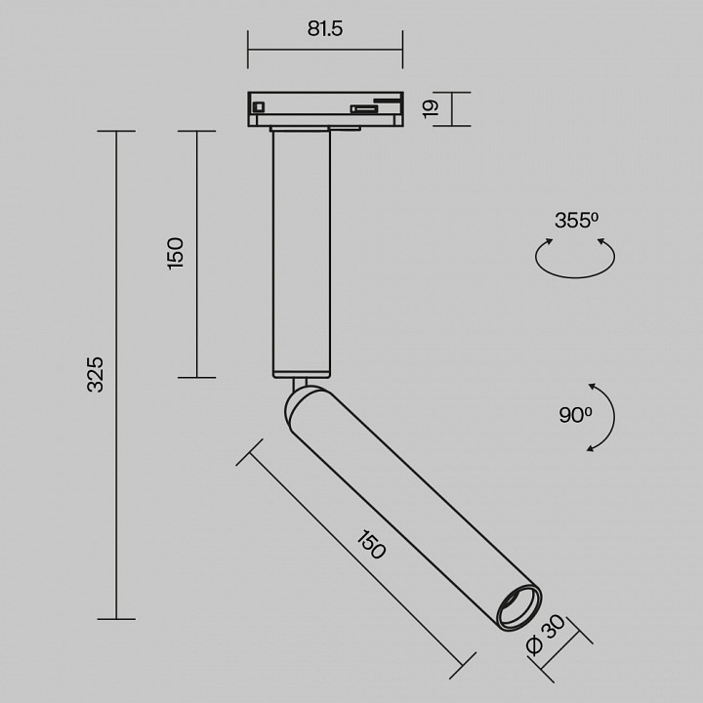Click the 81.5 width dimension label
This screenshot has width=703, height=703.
325,29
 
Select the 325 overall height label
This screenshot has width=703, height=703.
95,375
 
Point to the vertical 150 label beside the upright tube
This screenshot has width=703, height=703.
176,253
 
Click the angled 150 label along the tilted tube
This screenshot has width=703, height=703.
370,545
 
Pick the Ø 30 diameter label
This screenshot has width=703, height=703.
544,637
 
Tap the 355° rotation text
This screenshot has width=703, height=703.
576,221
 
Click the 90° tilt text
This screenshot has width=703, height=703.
575,415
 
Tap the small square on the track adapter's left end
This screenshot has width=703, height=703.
258,106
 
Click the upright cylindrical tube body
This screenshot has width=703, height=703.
302,254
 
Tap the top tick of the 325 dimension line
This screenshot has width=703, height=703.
116,132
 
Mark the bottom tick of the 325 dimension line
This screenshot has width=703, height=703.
116,618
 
